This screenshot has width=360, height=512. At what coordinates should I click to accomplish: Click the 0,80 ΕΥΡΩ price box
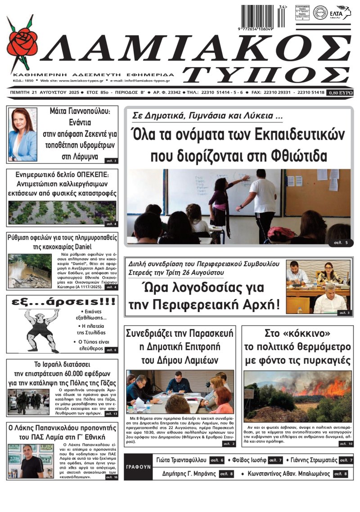tap(340, 92)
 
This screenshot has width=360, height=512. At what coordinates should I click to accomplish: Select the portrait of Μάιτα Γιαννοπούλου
tap(22, 134)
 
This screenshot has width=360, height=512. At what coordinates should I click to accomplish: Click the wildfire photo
tap(297, 396)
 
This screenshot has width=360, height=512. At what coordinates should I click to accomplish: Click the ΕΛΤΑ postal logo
tap(339, 13)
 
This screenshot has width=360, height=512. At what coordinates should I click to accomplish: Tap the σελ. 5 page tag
tap(341, 243)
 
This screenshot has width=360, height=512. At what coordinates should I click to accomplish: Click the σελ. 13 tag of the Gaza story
tap(111, 413)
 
